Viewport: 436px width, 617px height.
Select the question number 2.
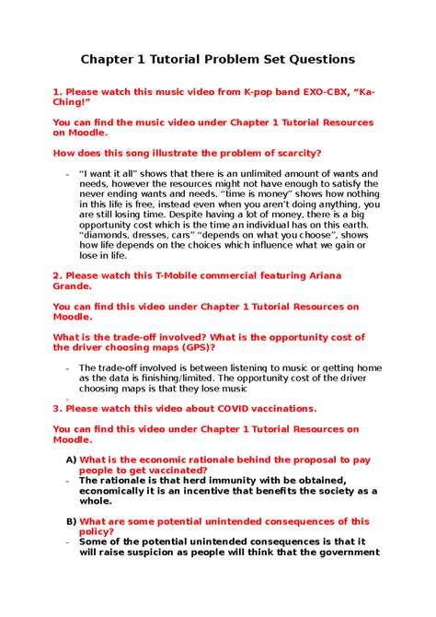click(56, 274)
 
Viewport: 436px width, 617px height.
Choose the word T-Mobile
click(184, 274)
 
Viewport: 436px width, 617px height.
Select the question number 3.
click(56, 408)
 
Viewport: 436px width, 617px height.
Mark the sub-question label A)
click(71, 459)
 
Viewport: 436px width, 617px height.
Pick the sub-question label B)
click(71, 520)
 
